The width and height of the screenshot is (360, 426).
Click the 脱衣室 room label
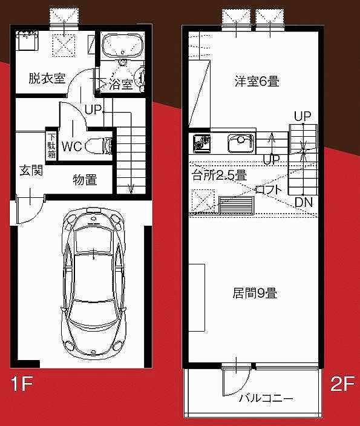(47, 79)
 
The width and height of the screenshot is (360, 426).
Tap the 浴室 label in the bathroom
(121, 85)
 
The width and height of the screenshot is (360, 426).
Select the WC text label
(72, 146)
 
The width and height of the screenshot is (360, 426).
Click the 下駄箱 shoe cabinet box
(51, 146)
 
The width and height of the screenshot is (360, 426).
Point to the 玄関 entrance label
(31, 171)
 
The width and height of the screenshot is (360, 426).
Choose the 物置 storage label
(85, 180)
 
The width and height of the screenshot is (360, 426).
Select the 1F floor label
(22, 384)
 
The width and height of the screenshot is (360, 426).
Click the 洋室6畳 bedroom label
(257, 82)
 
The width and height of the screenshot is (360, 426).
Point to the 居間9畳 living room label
(255, 293)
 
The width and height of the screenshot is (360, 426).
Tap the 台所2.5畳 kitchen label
(219, 175)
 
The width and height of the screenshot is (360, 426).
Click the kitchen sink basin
(241, 143)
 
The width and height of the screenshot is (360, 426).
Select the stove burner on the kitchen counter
(201, 142)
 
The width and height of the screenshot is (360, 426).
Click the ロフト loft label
(269, 189)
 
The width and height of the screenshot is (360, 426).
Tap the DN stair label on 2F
(304, 202)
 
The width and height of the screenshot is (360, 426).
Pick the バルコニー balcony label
(266, 399)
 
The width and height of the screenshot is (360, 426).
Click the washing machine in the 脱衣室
(27, 40)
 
